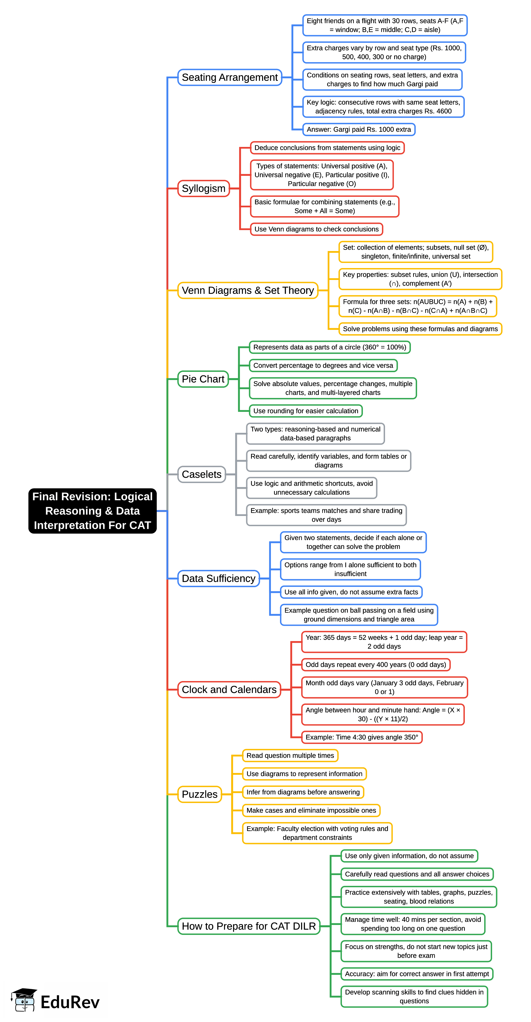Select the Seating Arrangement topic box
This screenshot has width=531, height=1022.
pos(229,77)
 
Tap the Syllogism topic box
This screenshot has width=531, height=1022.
pos(203,188)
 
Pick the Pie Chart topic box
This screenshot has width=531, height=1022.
pos(203,379)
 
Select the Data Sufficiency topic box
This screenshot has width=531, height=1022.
pos(218,578)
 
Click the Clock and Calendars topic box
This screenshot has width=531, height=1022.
pos(229,690)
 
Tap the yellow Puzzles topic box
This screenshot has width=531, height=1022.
pos(199,794)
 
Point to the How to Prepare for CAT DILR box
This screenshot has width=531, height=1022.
pos(249,926)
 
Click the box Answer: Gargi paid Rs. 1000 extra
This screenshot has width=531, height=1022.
pos(359,129)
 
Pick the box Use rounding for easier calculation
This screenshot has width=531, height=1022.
pos(306,411)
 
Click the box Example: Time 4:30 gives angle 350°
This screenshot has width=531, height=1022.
pos(361,737)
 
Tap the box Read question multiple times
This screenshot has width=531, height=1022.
pos(290,755)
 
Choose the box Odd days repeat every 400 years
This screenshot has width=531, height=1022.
pos(375,665)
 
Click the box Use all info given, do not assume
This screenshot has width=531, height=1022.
pos(351,592)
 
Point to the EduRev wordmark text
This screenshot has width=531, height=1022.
pos(70,1002)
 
